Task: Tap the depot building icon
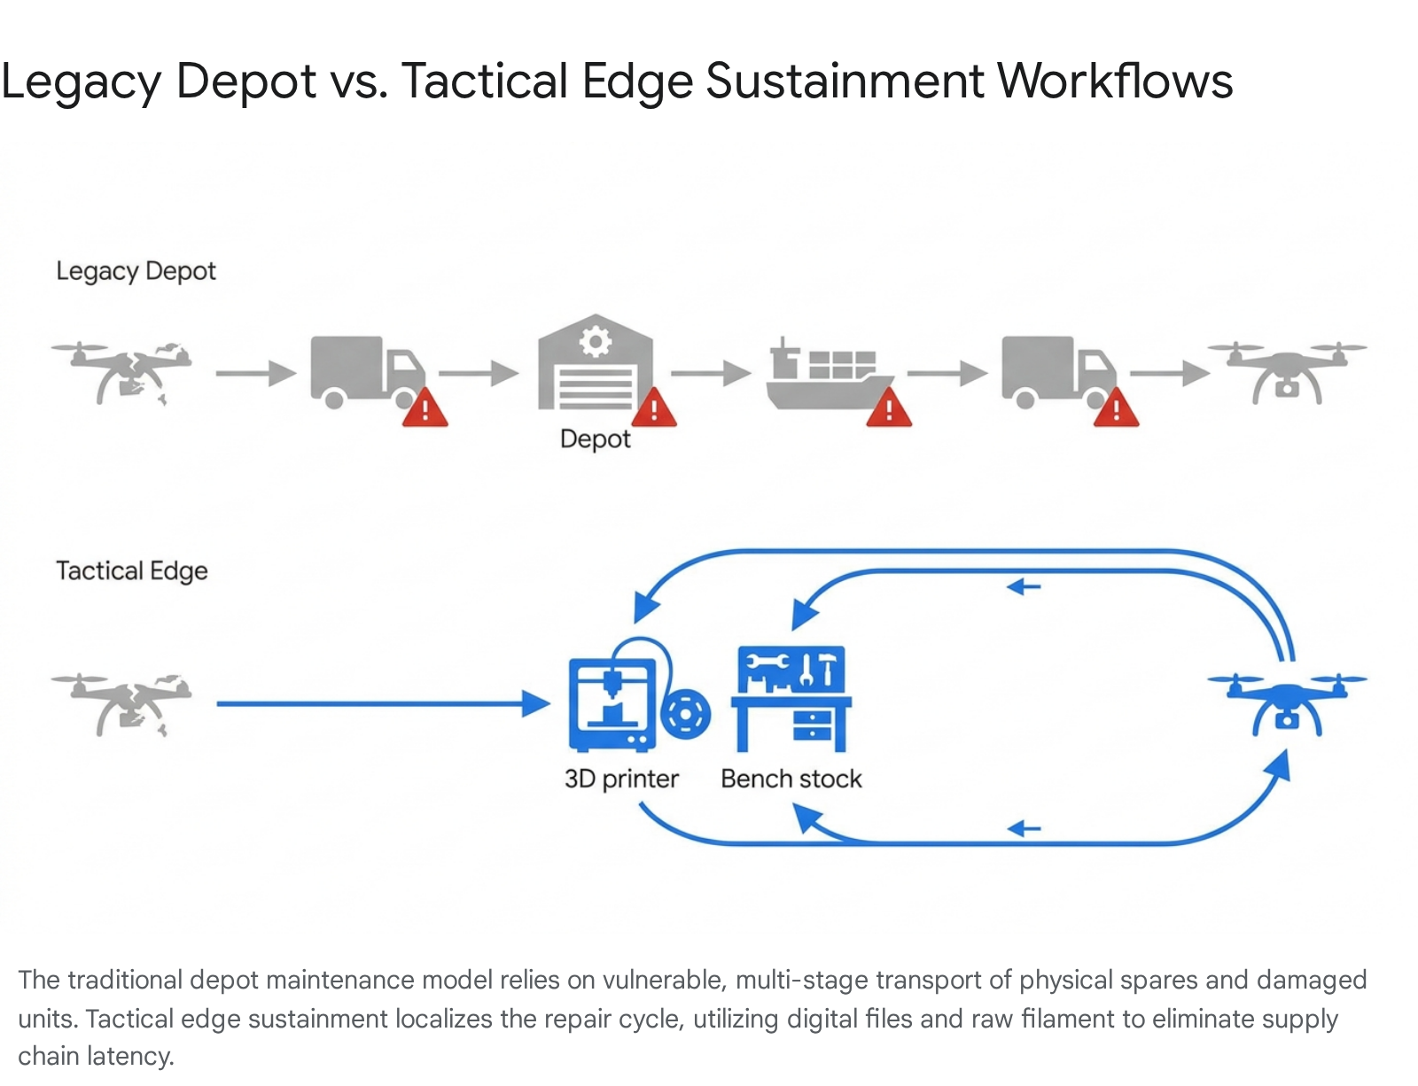[596, 362]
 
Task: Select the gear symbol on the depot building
[596, 340]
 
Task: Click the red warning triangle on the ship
[888, 408]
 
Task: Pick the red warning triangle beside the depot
[654, 408]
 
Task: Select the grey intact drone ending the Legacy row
[1287, 373]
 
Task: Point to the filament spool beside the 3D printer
[685, 714]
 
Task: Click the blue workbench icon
[791, 699]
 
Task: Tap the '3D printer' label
[621, 779]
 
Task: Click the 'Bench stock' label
[791, 779]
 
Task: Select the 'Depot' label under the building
[596, 439]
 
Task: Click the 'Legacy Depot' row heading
[136, 271]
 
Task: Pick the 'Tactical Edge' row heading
[132, 571]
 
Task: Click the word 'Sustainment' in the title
[845, 81]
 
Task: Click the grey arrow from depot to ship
[712, 373]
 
